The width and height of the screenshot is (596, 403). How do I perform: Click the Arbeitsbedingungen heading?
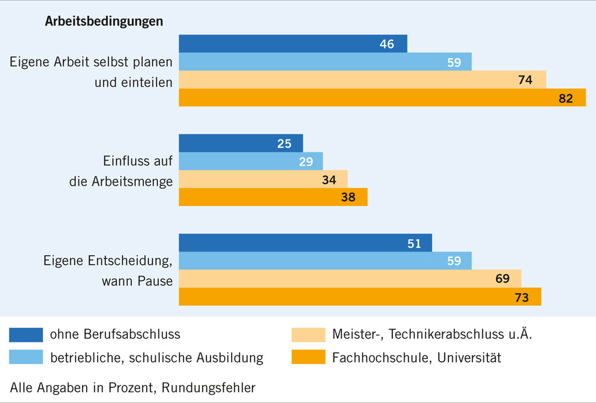104,21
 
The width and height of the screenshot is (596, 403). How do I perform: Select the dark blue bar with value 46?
293,44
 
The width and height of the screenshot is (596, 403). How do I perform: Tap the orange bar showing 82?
382,98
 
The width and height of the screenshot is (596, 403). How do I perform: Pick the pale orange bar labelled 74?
362,80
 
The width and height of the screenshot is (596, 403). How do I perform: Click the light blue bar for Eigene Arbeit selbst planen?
325,62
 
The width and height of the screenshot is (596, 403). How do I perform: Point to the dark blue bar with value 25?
241,144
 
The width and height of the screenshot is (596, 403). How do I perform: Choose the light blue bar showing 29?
250,161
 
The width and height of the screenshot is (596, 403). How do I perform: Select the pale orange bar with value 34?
263,179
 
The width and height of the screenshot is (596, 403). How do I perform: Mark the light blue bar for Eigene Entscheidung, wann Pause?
325,261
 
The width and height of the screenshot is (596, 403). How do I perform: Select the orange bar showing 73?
360,297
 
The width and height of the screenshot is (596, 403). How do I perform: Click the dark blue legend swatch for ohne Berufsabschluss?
26,335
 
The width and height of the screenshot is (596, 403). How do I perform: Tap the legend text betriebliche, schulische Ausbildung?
157,357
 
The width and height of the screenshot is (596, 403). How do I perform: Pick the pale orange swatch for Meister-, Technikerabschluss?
308,335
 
